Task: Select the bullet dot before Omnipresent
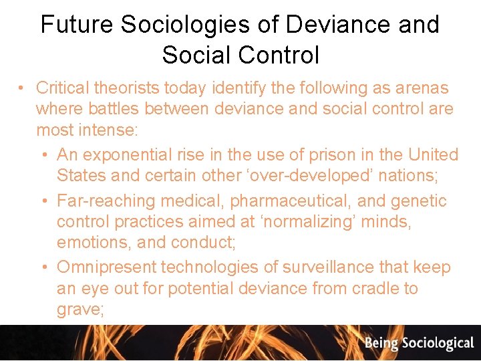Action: click(x=43, y=267)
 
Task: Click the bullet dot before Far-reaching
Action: click(x=43, y=201)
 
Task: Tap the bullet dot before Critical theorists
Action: click(x=22, y=88)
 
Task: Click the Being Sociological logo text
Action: click(x=419, y=344)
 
